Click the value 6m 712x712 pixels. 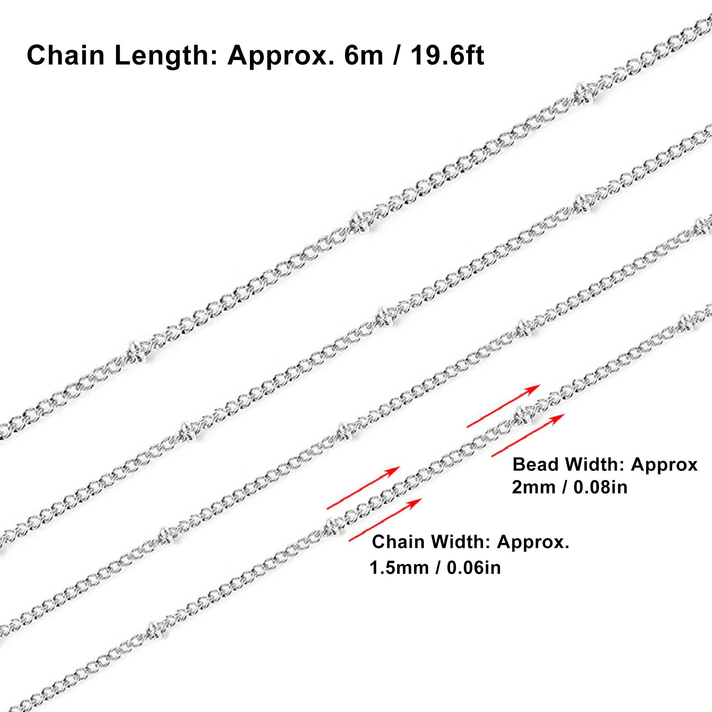364,56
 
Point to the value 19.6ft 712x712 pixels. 447,56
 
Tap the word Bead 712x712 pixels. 535,464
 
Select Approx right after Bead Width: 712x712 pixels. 664,465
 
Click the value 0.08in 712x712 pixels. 600,487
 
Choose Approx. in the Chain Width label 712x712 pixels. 533,542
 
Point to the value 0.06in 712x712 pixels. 474,567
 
